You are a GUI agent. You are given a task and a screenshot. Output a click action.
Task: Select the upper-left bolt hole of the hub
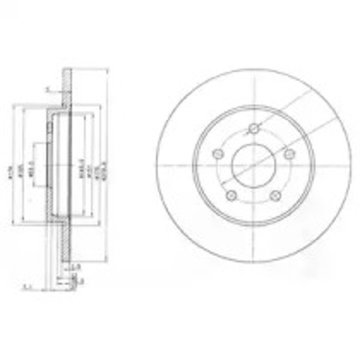[218, 154]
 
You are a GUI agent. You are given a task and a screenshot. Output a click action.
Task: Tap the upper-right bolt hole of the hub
[288, 153]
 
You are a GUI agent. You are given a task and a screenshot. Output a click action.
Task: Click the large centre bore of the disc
[253, 164]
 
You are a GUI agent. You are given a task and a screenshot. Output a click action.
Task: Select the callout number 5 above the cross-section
[46, 88]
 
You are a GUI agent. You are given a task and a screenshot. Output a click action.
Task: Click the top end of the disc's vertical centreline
[253, 75]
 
